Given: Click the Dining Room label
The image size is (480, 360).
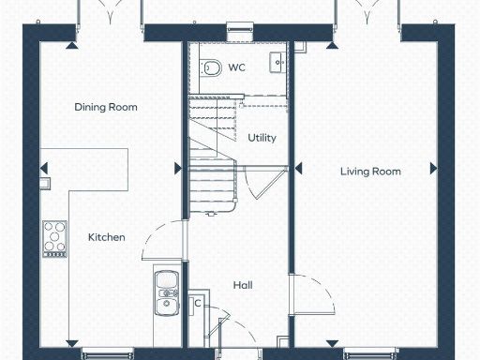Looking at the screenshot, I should pyautogui.click(x=106, y=107).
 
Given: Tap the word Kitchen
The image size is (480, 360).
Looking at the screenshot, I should pyautogui.click(x=106, y=237).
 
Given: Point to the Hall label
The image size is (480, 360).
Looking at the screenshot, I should pyautogui.click(x=242, y=285).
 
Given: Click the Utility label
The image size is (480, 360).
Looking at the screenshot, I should pyautogui.click(x=262, y=138).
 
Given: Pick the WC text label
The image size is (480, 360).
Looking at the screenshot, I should pyautogui.click(x=237, y=67).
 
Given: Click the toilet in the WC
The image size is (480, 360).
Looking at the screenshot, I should pyautogui.click(x=210, y=67).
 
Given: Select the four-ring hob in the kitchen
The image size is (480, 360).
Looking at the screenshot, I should pyautogui.click(x=54, y=236).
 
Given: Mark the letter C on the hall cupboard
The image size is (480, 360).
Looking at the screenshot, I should pyautogui.click(x=198, y=303).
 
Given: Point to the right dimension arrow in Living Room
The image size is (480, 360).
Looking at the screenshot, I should pyautogui.click(x=433, y=169).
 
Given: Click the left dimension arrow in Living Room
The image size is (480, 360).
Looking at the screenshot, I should pyautogui.click(x=299, y=169).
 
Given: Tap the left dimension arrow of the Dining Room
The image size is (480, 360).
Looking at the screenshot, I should pyautogui.click(x=44, y=169).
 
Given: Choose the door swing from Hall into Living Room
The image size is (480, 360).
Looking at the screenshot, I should pyautogui.click(x=314, y=296).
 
